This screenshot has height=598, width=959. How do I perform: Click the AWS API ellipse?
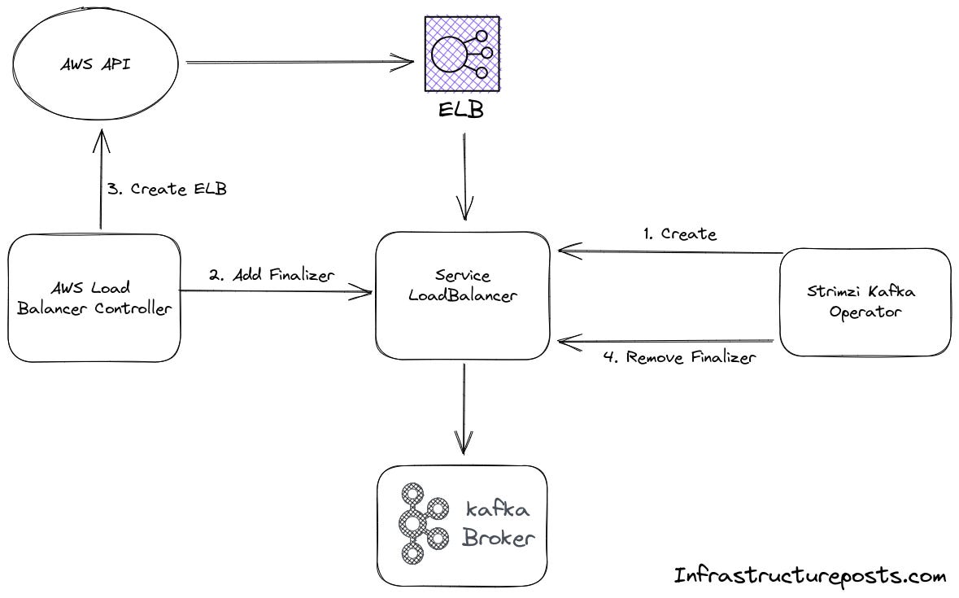click(x=94, y=66)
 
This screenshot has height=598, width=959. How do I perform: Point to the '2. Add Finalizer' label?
click(x=271, y=275)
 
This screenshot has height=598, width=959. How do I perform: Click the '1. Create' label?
click(x=679, y=234)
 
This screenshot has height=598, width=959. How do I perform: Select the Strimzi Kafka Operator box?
click(x=865, y=302)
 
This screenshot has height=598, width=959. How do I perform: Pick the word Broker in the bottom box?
click(x=499, y=538)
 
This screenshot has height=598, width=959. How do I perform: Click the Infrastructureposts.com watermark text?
click(x=810, y=576)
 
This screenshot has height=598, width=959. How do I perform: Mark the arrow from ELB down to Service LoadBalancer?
click(x=464, y=175)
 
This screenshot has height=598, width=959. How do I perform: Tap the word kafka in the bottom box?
click(x=498, y=510)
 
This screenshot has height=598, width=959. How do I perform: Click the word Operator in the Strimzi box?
click(x=865, y=312)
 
